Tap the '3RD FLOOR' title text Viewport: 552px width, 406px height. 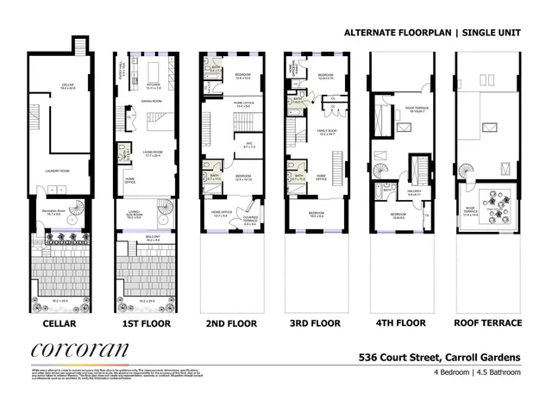click(x=315, y=323)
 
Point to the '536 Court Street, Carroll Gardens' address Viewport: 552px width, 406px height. click(x=439, y=356)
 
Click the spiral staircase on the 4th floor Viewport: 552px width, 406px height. click(x=380, y=172)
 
